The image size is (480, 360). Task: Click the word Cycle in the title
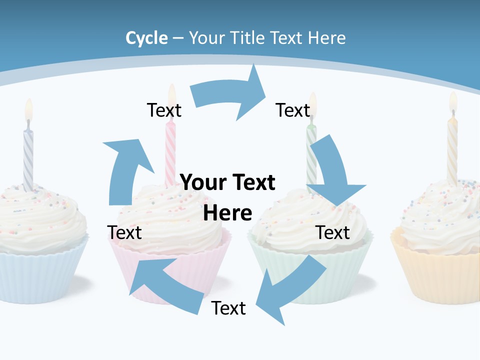pyautogui.click(x=146, y=38)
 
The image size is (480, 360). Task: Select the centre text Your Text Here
pyautogui.click(x=228, y=197)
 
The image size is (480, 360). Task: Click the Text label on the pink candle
pyautogui.click(x=164, y=110)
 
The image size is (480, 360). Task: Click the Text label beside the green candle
pyautogui.click(x=293, y=110)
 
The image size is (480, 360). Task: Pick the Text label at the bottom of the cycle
pyautogui.click(x=228, y=308)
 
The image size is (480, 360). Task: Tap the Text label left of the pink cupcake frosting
pyautogui.click(x=124, y=232)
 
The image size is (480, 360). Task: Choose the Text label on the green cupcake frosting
pyautogui.click(x=333, y=232)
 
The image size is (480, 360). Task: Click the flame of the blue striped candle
pyautogui.click(x=28, y=109)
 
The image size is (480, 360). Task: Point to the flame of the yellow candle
pyautogui.click(x=453, y=101)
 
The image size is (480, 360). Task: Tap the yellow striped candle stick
pyautogui.click(x=452, y=150)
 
